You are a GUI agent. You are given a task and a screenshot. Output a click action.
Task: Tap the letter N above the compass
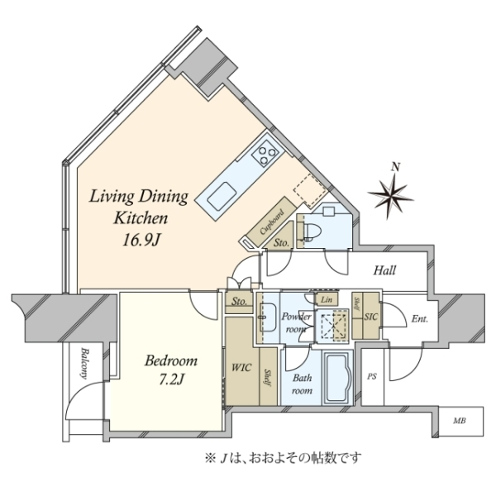(395, 167)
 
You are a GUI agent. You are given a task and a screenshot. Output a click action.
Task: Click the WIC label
(241, 368)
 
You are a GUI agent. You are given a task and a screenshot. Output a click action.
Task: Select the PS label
(372, 377)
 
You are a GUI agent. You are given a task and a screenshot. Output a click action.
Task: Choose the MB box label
(460, 421)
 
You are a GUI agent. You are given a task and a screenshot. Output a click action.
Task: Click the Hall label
(384, 270)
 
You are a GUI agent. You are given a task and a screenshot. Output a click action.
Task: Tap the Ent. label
(419, 319)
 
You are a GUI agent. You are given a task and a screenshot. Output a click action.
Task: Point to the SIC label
(370, 317)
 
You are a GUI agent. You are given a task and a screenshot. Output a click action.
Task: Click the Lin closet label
(327, 299)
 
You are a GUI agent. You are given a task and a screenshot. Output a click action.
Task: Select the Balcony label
(83, 363)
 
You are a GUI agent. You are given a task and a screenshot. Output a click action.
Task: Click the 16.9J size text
(141, 241)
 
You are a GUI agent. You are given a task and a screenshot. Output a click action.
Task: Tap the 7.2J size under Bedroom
(171, 379)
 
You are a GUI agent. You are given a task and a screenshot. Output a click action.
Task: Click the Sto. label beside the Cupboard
(281, 243)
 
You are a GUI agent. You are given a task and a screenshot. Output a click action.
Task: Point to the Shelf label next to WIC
(268, 377)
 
